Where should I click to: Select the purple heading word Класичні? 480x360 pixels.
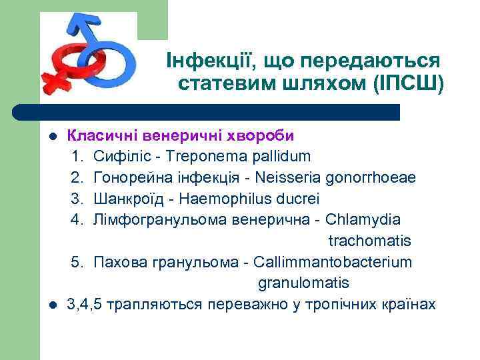[99, 135]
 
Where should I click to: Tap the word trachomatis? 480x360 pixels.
[369, 241]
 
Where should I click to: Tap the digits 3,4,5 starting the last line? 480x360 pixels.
[83, 305]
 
